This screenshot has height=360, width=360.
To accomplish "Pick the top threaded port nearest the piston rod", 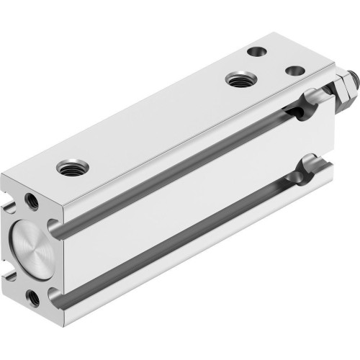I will (236, 78).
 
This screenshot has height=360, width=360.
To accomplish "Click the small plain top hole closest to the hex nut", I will (292, 71).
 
